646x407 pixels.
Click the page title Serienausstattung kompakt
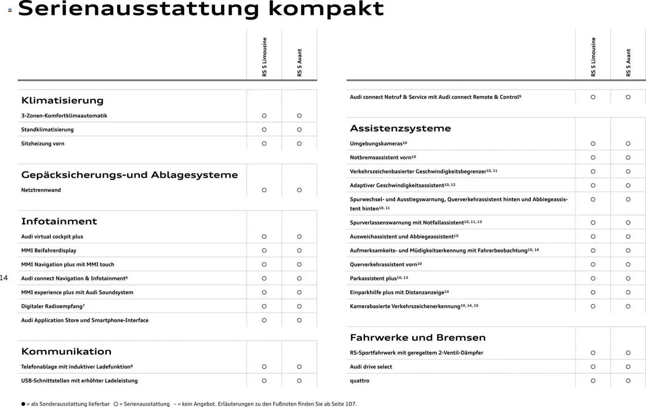click(x=201, y=9)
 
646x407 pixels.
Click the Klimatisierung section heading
click(x=62, y=100)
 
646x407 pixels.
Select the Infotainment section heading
click(x=59, y=221)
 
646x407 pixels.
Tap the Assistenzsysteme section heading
click(x=400, y=128)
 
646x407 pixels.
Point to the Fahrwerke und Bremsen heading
click(x=418, y=337)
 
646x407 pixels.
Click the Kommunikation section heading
click(x=66, y=351)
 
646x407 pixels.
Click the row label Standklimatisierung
click(x=47, y=129)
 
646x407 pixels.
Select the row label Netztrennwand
click(x=41, y=190)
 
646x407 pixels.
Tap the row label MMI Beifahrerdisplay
click(x=49, y=251)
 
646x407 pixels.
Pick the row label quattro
click(x=359, y=381)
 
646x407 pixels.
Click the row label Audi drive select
click(x=371, y=367)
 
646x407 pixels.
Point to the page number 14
click(x=4, y=278)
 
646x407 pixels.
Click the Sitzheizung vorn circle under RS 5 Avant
click(x=299, y=144)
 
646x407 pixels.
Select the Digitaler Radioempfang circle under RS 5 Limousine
click(x=264, y=306)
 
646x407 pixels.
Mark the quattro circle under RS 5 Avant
click(x=628, y=381)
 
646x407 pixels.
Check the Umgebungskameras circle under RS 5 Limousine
click(x=593, y=144)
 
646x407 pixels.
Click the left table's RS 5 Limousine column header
click(x=264, y=57)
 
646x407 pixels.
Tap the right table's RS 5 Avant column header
click(x=628, y=63)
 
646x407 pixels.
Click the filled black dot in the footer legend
click(x=23, y=404)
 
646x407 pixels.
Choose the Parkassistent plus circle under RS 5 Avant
click(x=628, y=279)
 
